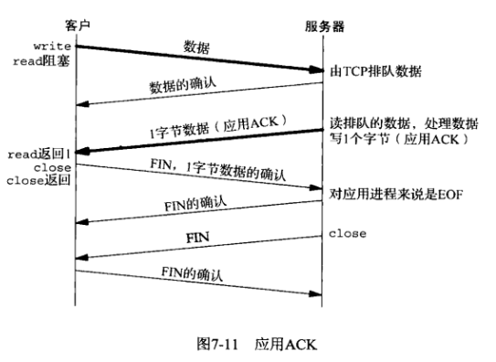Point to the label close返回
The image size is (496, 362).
coord(38,180)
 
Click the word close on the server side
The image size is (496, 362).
coord(348,234)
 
